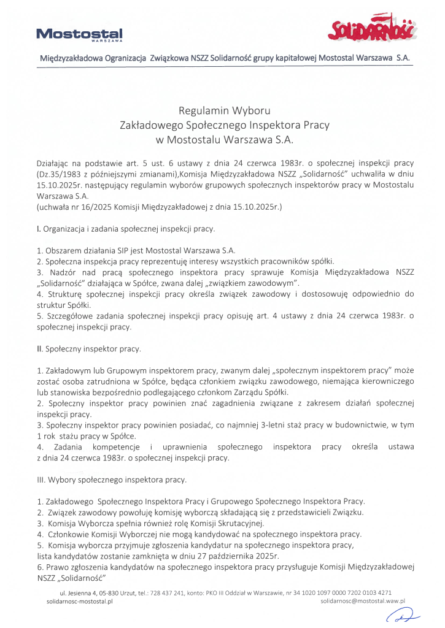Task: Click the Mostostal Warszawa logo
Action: (x=79, y=34)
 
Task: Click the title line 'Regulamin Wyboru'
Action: (x=224, y=111)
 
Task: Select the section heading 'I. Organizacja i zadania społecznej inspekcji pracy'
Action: (x=126, y=229)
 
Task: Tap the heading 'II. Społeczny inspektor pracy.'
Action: (x=89, y=349)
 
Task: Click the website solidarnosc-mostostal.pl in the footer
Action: (x=80, y=602)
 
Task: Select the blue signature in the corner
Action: (x=407, y=616)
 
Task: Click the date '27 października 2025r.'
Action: (x=236, y=556)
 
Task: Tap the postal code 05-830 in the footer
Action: (x=107, y=593)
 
